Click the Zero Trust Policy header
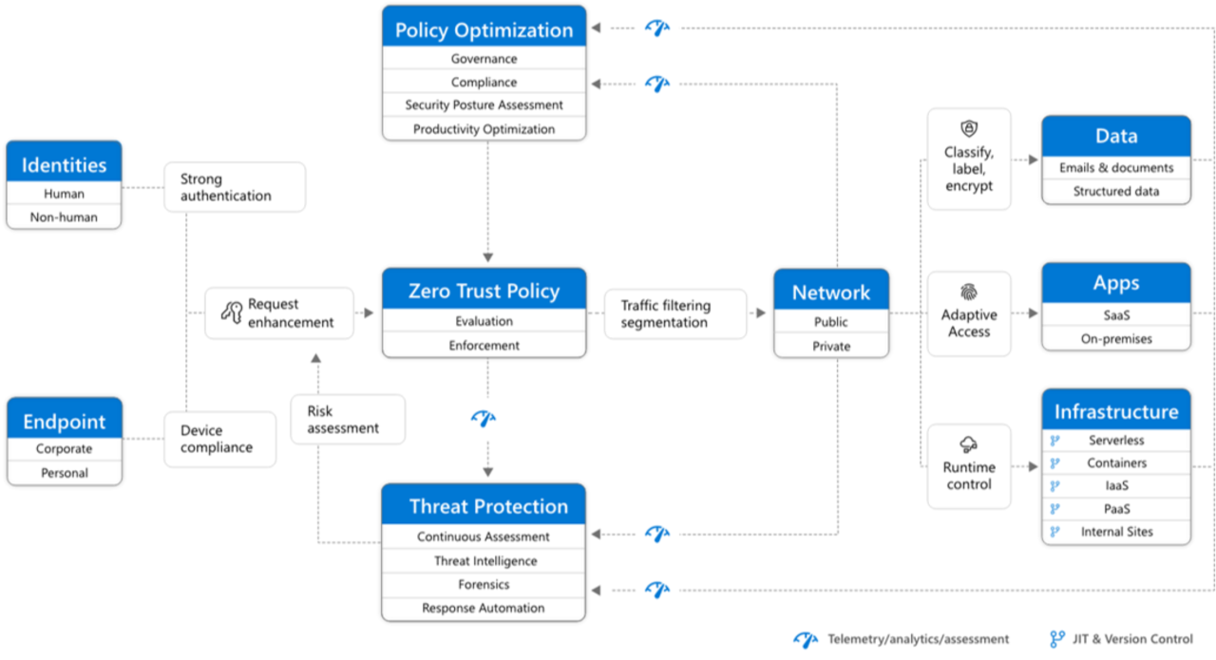[x=484, y=291]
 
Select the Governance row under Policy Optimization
[x=484, y=59]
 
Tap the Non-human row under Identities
[x=64, y=217]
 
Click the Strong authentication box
[x=235, y=187]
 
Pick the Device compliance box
[x=219, y=439]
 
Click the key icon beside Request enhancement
[x=231, y=312]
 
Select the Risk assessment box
[x=347, y=420]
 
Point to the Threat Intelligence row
[x=484, y=561]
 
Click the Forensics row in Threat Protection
[x=484, y=585]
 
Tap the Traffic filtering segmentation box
[x=674, y=313]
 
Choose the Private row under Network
[x=830, y=347]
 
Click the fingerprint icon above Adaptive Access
[x=968, y=292]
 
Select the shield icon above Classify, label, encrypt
[x=968, y=128]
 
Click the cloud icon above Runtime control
[x=968, y=444]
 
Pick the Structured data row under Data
[x=1115, y=191]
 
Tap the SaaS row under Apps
[x=1115, y=314]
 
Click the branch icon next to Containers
[x=1054, y=463]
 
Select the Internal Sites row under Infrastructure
[x=1116, y=532]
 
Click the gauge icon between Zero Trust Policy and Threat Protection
[x=484, y=418]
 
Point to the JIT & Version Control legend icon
[x=1056, y=639]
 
